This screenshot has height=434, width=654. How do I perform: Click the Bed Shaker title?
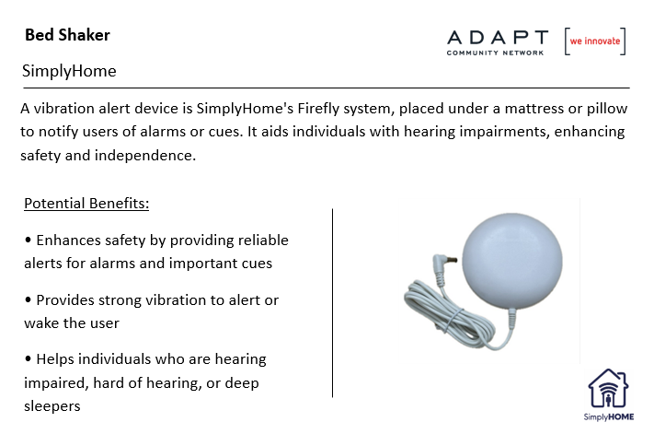(x=67, y=35)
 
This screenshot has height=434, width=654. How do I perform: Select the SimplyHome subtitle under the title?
(x=69, y=71)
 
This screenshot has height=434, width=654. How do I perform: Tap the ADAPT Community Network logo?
(x=498, y=42)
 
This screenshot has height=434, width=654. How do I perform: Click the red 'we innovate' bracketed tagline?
(x=595, y=41)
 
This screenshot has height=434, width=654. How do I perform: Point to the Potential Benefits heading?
(x=86, y=204)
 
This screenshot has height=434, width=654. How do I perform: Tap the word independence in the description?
(x=145, y=156)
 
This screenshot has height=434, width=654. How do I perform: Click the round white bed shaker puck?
(x=512, y=261)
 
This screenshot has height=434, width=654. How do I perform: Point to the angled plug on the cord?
(x=443, y=264)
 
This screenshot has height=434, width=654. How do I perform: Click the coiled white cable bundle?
(x=449, y=311)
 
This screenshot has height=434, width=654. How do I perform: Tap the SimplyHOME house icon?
(x=608, y=389)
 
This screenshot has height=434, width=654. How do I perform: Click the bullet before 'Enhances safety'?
(x=28, y=240)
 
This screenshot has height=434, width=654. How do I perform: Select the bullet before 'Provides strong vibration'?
(x=28, y=299)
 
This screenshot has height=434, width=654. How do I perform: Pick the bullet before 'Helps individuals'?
(x=28, y=358)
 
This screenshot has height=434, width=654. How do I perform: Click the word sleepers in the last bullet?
(x=52, y=406)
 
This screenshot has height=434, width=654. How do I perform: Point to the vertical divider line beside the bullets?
(x=332, y=303)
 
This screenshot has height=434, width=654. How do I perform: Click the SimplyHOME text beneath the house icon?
(x=609, y=416)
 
